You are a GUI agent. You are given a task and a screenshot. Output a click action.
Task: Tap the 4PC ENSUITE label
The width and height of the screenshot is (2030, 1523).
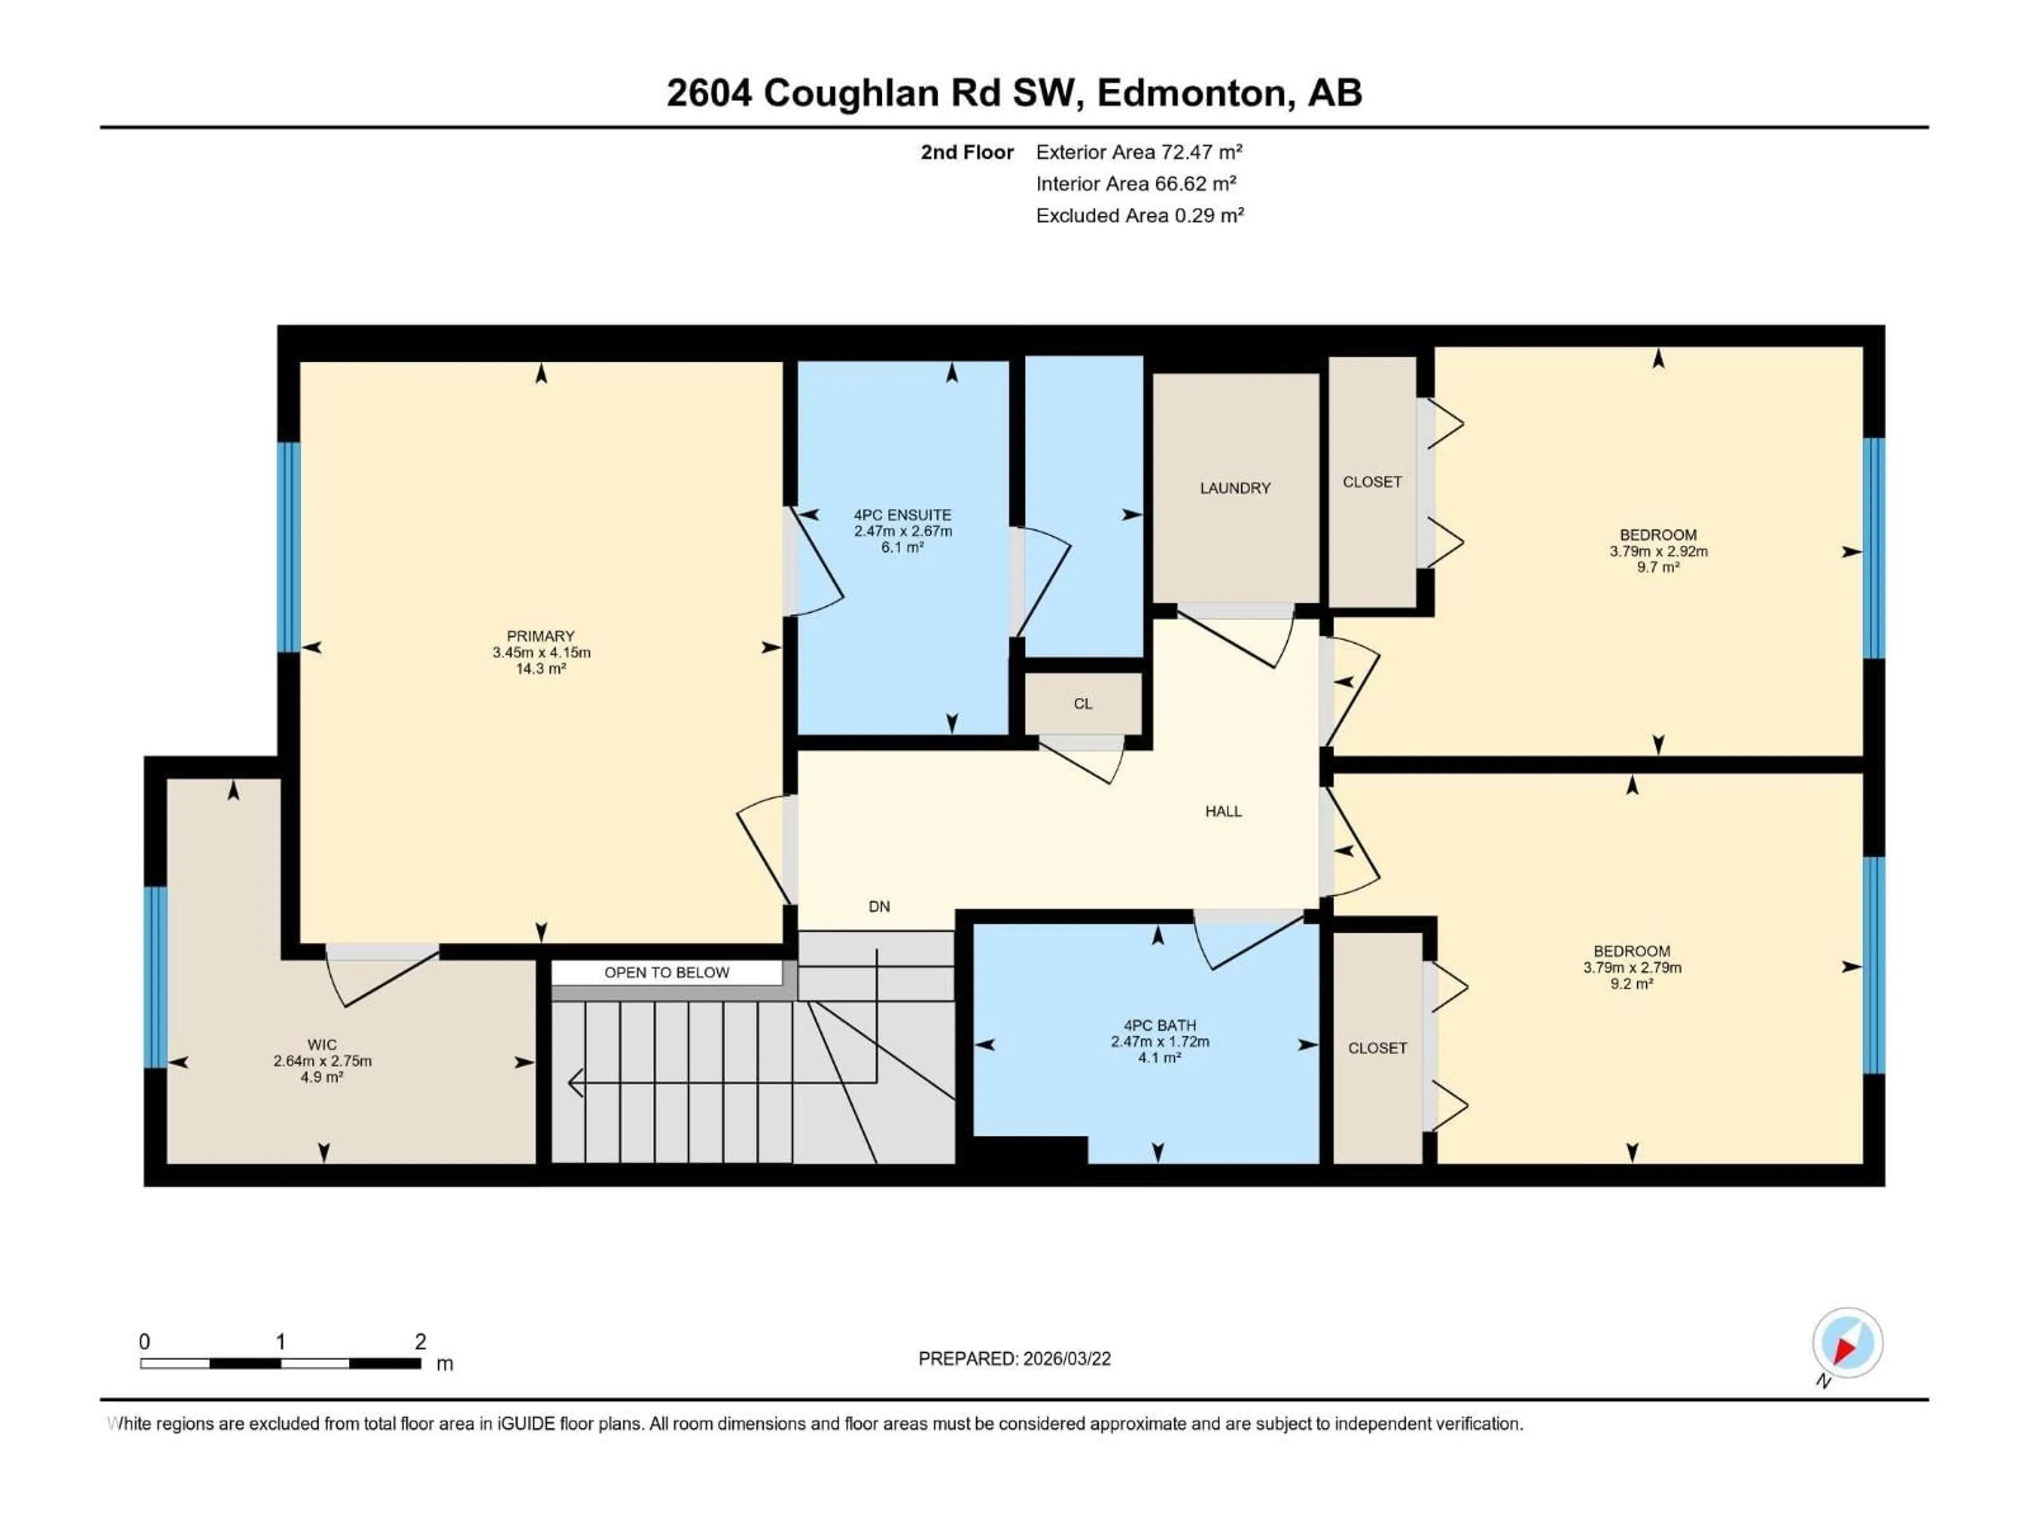pos(902,515)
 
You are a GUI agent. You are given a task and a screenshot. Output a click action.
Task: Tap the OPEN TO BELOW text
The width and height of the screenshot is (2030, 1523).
pos(667,972)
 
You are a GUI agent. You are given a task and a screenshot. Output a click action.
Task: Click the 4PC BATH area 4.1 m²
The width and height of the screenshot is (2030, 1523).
pos(1159,1058)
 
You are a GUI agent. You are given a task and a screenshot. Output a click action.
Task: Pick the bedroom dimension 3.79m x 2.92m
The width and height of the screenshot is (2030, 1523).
pos(1658,552)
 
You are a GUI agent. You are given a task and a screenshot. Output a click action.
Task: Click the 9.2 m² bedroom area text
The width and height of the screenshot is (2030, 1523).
pos(1632,983)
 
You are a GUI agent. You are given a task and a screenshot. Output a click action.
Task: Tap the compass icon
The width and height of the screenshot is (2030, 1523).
pos(1848,1343)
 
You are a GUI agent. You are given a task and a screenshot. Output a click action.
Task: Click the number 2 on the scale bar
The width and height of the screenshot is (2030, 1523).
pos(420,1341)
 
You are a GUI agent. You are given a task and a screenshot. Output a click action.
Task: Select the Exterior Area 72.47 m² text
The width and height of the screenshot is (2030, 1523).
pos(1139,152)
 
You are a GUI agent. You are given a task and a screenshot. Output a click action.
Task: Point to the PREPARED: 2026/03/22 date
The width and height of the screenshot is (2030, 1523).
pos(1014,1359)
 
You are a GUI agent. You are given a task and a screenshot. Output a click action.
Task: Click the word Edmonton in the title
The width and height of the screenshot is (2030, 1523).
pos(1191,93)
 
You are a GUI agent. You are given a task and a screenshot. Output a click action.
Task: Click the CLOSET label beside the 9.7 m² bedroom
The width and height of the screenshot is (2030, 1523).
pos(1372,482)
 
